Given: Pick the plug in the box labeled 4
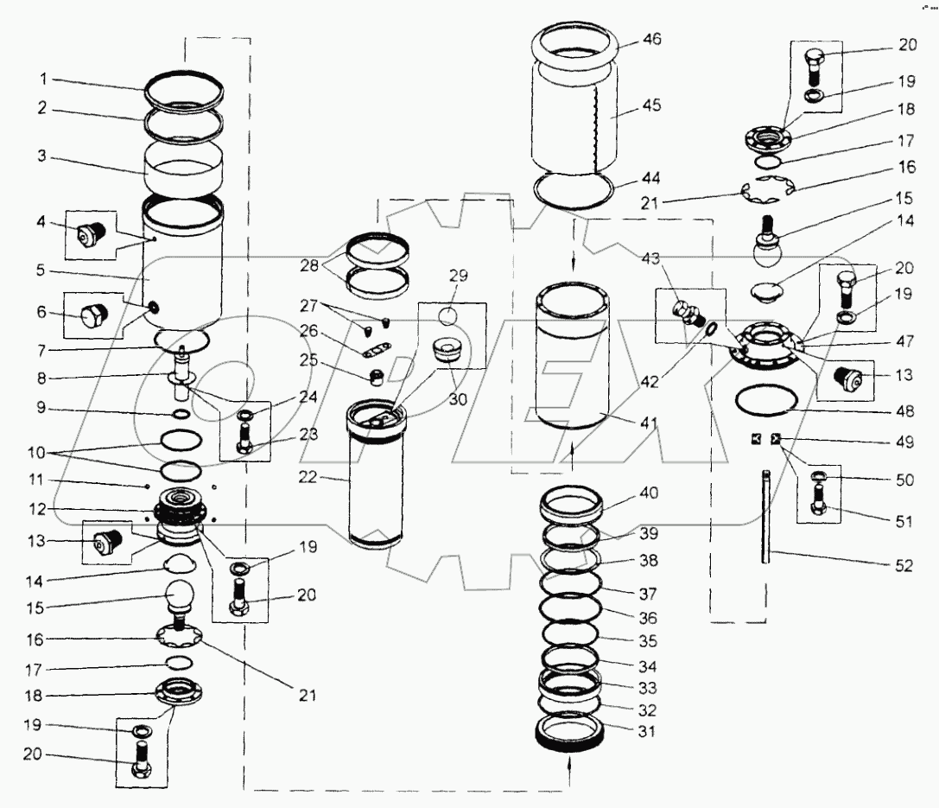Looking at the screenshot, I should [90, 235].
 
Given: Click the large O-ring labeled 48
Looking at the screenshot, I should [764, 402].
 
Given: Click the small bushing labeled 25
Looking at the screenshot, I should [376, 376].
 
